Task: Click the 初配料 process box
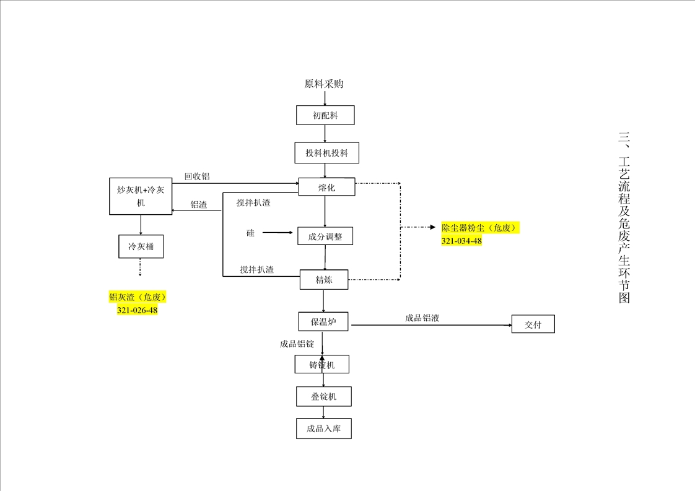[x=325, y=115]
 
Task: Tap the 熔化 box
[x=326, y=187]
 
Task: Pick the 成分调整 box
[x=325, y=236]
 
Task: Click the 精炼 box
[x=324, y=279]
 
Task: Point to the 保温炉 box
[x=323, y=321]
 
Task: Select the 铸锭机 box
[x=322, y=365]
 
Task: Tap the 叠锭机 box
[x=323, y=396]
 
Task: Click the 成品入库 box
[x=323, y=428]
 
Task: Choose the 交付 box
[x=533, y=324]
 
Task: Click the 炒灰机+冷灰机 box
[x=141, y=196]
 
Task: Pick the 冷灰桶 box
[x=141, y=247]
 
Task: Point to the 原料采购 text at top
[x=323, y=84]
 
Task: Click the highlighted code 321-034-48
[x=461, y=241]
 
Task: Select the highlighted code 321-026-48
[x=137, y=310]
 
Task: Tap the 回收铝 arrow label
[x=197, y=176]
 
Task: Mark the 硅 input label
[x=250, y=233]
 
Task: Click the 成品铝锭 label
[x=297, y=344]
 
